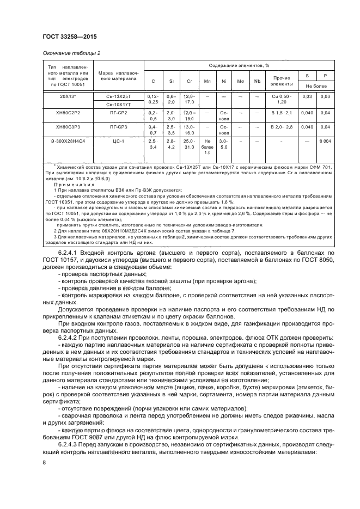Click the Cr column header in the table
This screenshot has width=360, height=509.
coord(189,81)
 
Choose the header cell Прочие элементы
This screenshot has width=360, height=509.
coord(282,81)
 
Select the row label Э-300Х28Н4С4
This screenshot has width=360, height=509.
coord(68,141)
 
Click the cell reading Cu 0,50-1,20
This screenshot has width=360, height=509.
coord(282,99)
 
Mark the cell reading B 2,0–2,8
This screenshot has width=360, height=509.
coord(282,127)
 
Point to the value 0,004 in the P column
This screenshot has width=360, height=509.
coord(326,141)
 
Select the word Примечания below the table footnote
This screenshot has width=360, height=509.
coord(72,185)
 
